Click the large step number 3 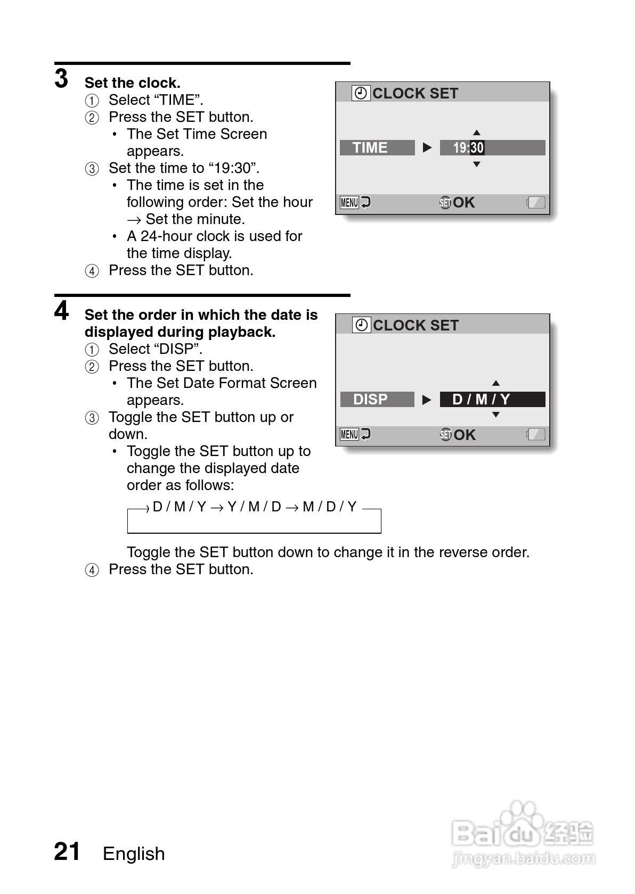(x=62, y=79)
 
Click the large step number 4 (x=62, y=311)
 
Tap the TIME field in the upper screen (x=377, y=147)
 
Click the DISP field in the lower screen (x=377, y=399)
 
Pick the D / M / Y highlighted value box (x=492, y=399)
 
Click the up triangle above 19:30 (x=477, y=133)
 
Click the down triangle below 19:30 (x=477, y=164)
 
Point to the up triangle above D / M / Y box (x=496, y=383)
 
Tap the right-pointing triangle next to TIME (x=427, y=147)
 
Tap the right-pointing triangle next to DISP (x=427, y=400)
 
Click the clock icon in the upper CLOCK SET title (x=361, y=93)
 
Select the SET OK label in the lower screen (x=458, y=435)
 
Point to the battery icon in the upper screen (x=536, y=202)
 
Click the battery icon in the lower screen (x=536, y=434)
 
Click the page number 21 (x=67, y=851)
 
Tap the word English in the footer (x=134, y=854)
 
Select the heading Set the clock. (x=132, y=83)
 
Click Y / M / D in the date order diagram (x=254, y=507)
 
